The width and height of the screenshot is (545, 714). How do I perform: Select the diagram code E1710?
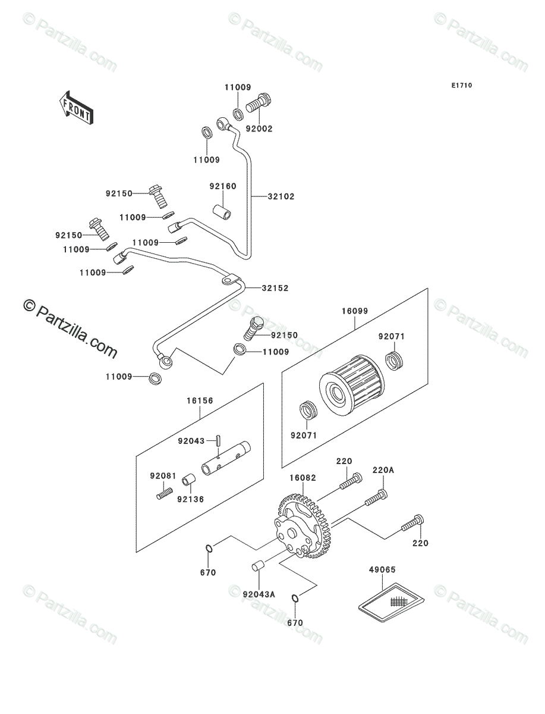tap(461, 86)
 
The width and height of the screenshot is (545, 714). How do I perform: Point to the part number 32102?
tap(281, 196)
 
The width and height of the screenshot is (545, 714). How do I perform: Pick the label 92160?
tap(222, 186)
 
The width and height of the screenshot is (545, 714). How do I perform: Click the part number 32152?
tap(275, 288)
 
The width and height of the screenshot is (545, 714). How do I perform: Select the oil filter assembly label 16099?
tap(354, 311)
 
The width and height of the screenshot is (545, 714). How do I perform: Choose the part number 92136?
tap(191, 499)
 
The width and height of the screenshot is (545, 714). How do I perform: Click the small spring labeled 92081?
tap(164, 493)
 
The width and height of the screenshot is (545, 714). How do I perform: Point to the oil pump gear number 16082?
tap(303, 478)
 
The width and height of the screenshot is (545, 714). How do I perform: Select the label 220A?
tap(383, 470)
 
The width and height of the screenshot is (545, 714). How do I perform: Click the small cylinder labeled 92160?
tap(222, 212)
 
